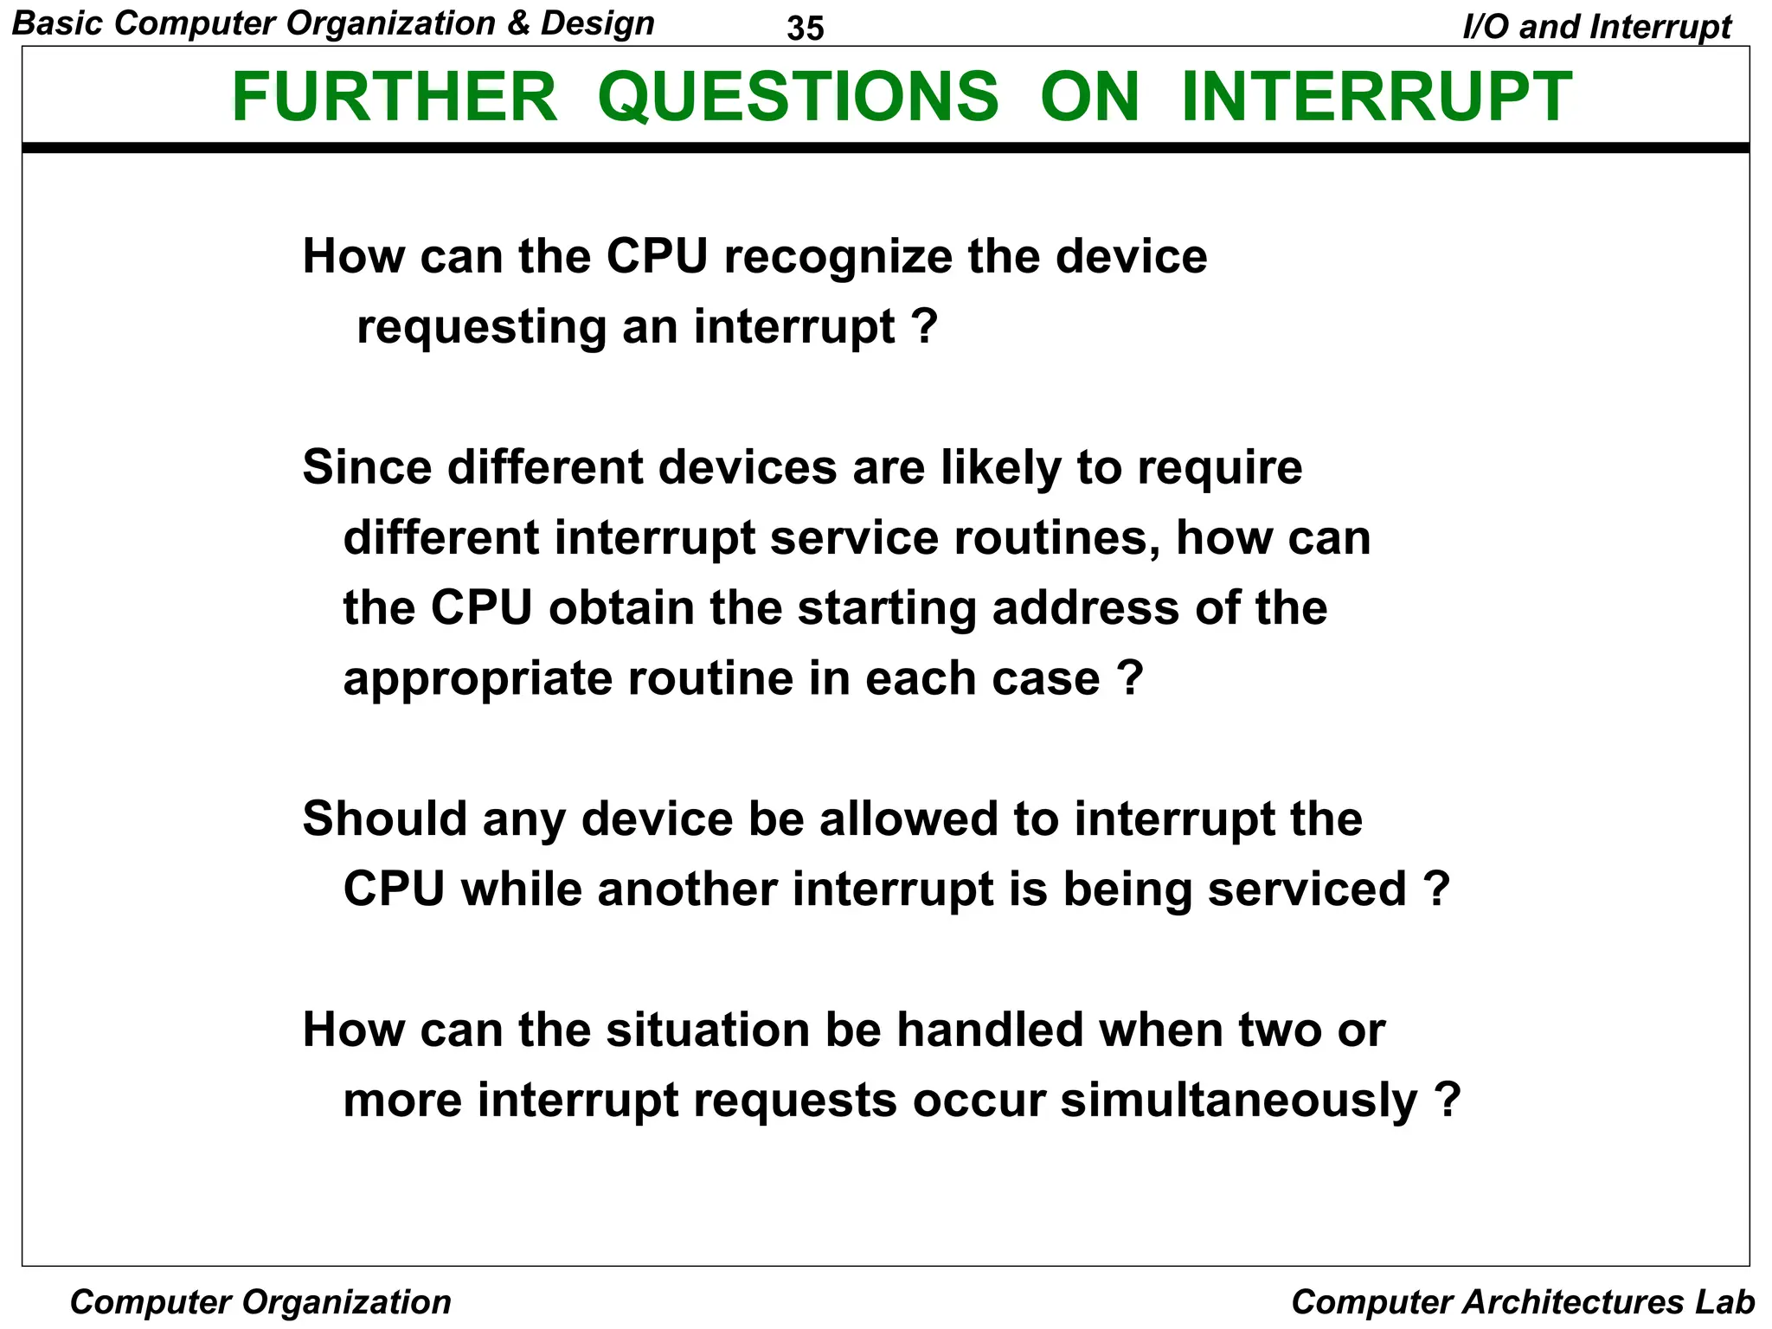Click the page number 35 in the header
coord(806,29)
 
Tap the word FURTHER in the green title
coord(395,97)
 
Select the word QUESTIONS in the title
coord(798,97)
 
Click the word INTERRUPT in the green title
coord(1377,97)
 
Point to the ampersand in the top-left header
coord(519,23)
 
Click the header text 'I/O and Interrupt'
coord(1596,27)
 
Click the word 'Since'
coord(367,467)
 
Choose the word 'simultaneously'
coord(1239,1101)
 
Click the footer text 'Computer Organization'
coord(260,1302)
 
